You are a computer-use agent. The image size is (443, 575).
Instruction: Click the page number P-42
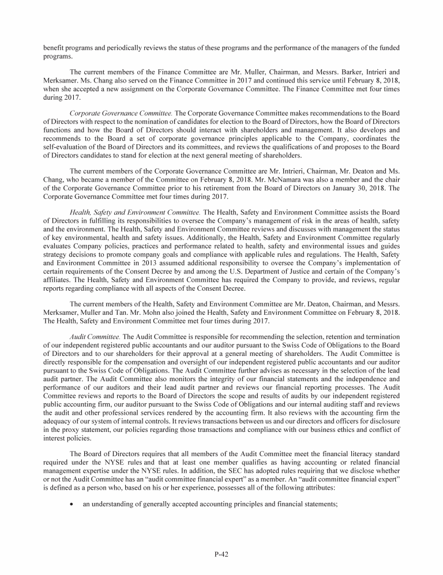pyautogui.click(x=221, y=555)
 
